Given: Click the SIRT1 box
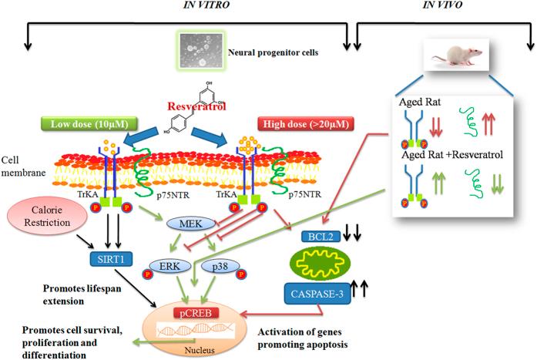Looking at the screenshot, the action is pos(111,259).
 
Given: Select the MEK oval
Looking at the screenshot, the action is pos(191,224).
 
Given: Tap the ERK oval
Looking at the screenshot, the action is pos(169,266).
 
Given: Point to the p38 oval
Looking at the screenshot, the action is pos(220,266).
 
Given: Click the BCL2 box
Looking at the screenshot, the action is pos(321,237).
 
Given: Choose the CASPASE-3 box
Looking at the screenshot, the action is pos(317,294).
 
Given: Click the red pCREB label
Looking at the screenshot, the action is pos(196,313).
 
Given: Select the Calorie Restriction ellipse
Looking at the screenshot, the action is pos(47,216).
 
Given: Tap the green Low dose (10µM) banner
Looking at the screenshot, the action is pos(89,123).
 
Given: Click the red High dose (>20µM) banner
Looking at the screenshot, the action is pos(306,123).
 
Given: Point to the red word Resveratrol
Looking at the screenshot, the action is pos(197,106).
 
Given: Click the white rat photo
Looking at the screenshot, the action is pos(456,55).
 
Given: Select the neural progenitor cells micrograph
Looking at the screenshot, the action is pos(201,50).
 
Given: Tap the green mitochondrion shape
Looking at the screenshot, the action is pos(321,264).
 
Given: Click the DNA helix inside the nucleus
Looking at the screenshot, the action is pos(196,330).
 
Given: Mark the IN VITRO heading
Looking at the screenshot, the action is pos(206,5).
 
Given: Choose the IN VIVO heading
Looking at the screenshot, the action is pos(442,5).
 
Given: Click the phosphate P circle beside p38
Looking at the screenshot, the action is pos(241,274).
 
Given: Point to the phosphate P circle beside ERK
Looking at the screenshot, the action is pos(148,274).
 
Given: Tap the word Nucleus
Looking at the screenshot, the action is pos(200,350).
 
